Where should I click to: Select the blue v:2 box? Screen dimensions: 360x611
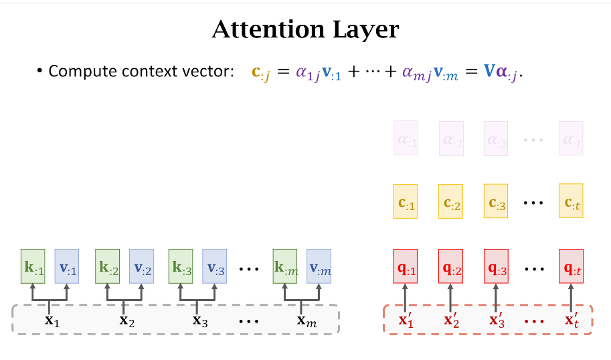(x=142, y=266)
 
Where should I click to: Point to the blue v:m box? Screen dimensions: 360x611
(x=319, y=266)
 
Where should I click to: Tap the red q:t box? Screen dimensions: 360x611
(x=571, y=266)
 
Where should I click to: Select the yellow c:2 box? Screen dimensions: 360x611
(x=450, y=201)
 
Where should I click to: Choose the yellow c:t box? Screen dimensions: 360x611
(x=571, y=201)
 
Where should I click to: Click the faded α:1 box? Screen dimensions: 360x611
(x=406, y=138)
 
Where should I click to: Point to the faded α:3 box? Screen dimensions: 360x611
(x=496, y=138)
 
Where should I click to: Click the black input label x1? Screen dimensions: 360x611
(x=52, y=319)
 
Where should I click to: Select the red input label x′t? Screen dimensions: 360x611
(x=571, y=319)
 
